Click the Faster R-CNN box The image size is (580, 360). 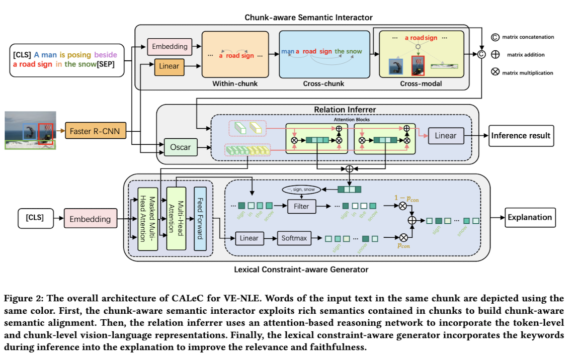point(95,132)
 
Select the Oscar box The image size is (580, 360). point(180,147)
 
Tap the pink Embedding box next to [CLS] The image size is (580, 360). point(90,219)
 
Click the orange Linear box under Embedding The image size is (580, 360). point(169,66)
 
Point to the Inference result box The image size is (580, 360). point(521,136)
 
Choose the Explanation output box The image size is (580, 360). point(529,218)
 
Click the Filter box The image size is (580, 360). point(302,206)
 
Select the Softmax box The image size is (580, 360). point(294,238)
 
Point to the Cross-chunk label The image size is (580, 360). point(323,83)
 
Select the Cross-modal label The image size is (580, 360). point(421,83)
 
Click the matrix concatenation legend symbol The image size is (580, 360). point(495,37)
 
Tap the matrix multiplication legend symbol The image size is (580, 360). point(495,72)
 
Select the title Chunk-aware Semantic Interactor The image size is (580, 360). point(308,18)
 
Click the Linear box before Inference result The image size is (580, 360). point(445,136)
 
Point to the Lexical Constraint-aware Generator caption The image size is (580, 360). point(301,269)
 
